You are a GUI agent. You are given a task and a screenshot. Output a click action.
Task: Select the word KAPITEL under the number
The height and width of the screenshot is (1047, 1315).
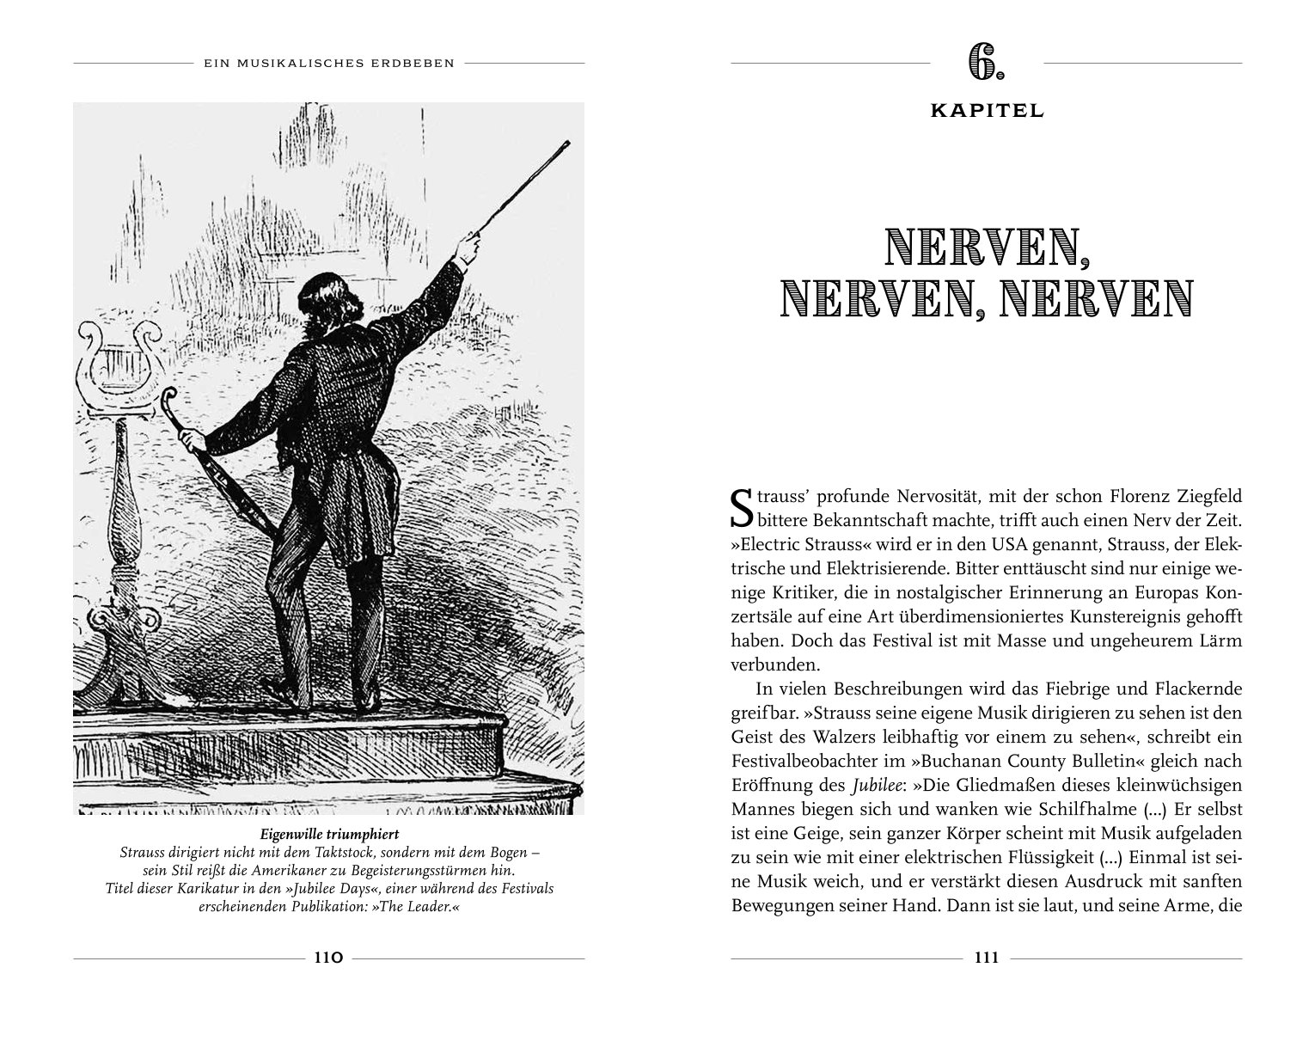coord(986,111)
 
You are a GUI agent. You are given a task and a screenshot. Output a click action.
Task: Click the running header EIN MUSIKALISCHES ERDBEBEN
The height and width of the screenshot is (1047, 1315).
coord(328,63)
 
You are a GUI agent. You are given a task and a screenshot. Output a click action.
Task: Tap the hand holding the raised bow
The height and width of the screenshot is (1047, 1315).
coord(467,251)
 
